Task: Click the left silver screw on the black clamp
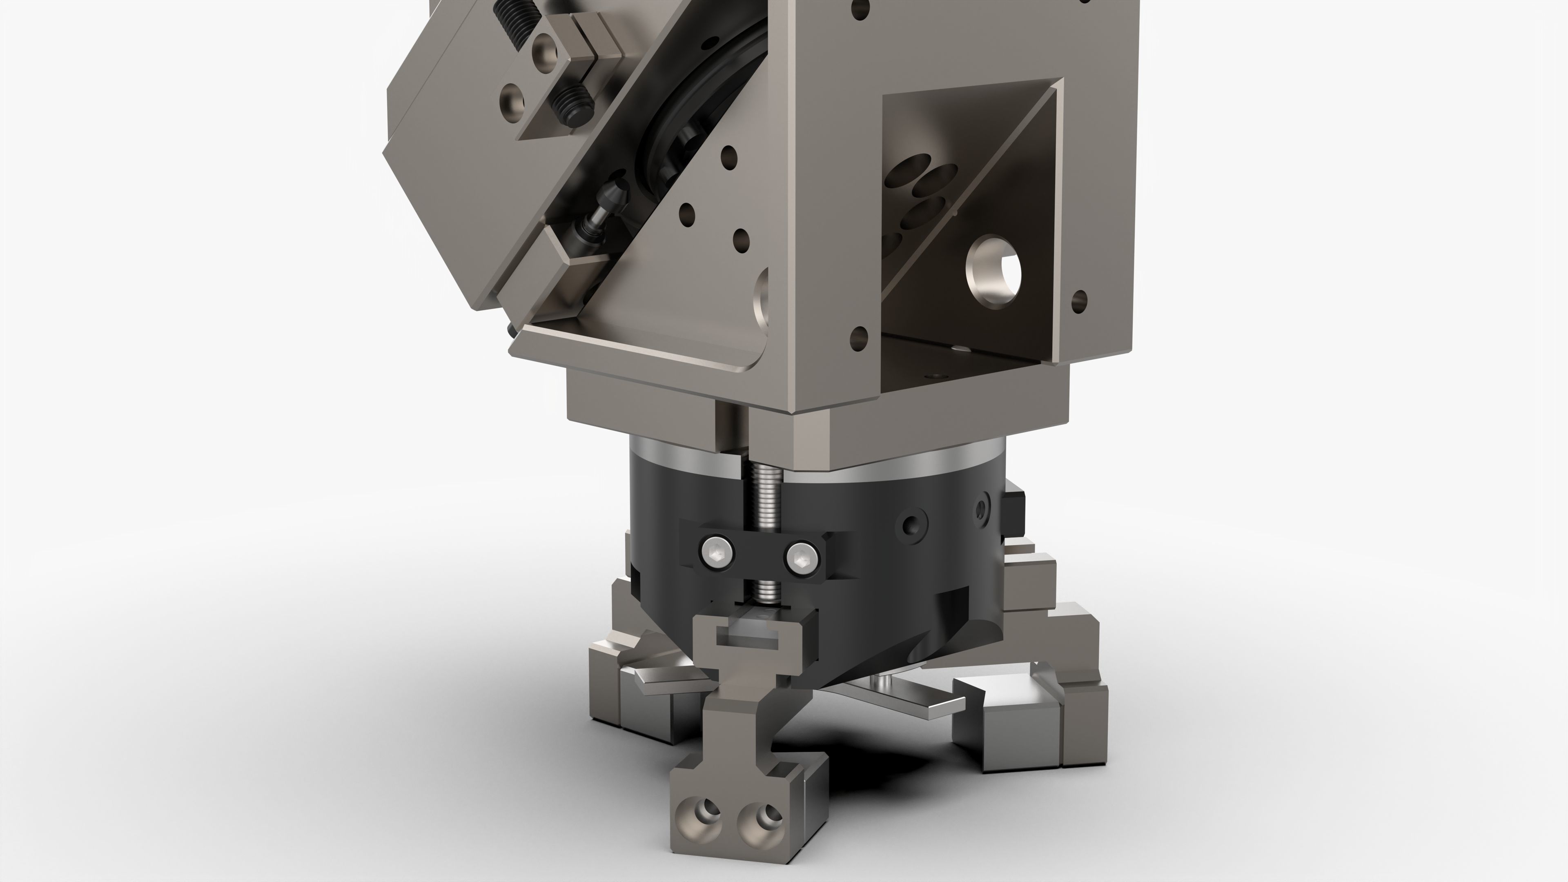[718, 554]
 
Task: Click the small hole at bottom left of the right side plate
[859, 335]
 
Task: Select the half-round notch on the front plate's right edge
[762, 298]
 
